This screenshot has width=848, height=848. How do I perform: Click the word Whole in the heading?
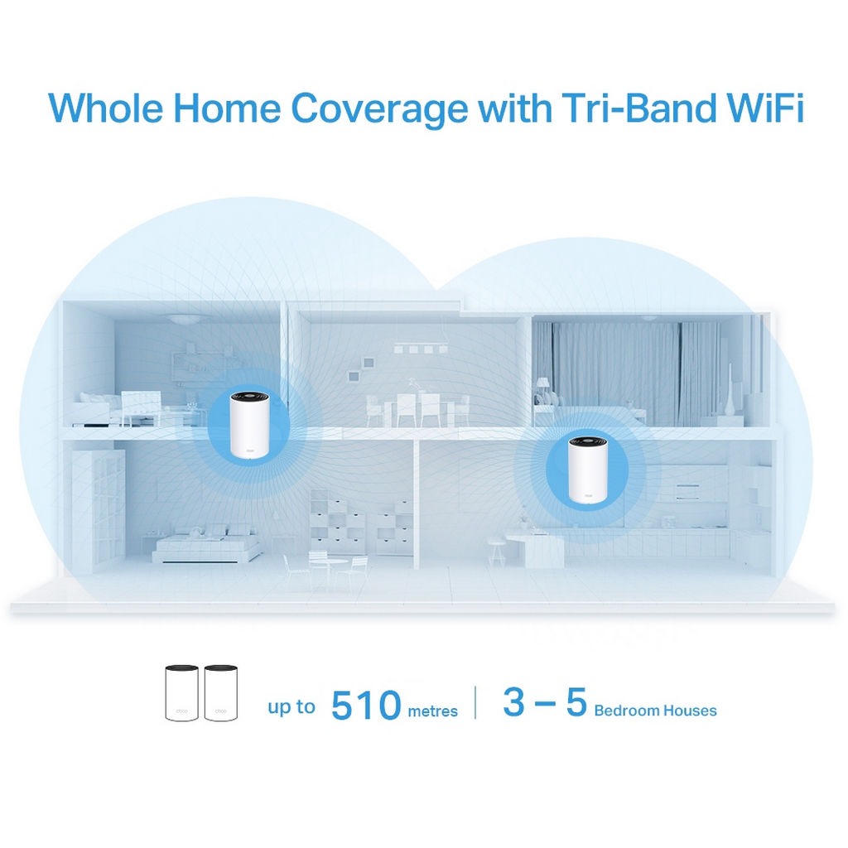tap(106, 108)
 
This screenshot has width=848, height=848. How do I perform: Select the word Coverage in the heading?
tap(379, 110)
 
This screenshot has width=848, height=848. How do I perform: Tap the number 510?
tap(366, 705)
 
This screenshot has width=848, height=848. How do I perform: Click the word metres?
tap(432, 711)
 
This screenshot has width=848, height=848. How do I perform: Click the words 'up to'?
tap(291, 707)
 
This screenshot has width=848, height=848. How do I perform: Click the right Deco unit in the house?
tap(587, 469)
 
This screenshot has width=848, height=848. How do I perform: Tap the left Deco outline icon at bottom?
tap(181, 693)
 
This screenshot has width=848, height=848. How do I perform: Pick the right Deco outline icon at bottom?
tap(220, 693)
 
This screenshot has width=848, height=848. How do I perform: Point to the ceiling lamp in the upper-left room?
tap(182, 319)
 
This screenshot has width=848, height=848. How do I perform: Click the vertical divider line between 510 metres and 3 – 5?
tap(475, 702)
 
